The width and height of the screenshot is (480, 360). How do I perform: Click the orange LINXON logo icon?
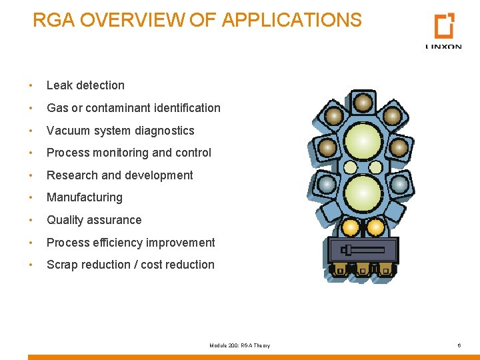pyautogui.click(x=444, y=26)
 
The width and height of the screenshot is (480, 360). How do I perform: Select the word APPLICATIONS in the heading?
pyautogui.click(x=291, y=20)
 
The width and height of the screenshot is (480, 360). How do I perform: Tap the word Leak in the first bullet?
pyautogui.click(x=58, y=85)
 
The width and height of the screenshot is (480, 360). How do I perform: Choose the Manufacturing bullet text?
pyautogui.click(x=85, y=197)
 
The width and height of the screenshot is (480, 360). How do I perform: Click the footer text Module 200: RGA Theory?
pyautogui.click(x=239, y=345)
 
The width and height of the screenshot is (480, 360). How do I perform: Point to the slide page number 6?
pyautogui.click(x=459, y=345)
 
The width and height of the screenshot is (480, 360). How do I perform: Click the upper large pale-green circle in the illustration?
pyautogui.click(x=363, y=141)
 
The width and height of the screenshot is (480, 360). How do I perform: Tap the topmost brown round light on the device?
pyautogui.click(x=363, y=103)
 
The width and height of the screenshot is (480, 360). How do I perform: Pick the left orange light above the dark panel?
pyautogui.click(x=350, y=228)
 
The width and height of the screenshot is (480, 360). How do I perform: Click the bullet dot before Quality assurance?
pyautogui.click(x=31, y=220)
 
